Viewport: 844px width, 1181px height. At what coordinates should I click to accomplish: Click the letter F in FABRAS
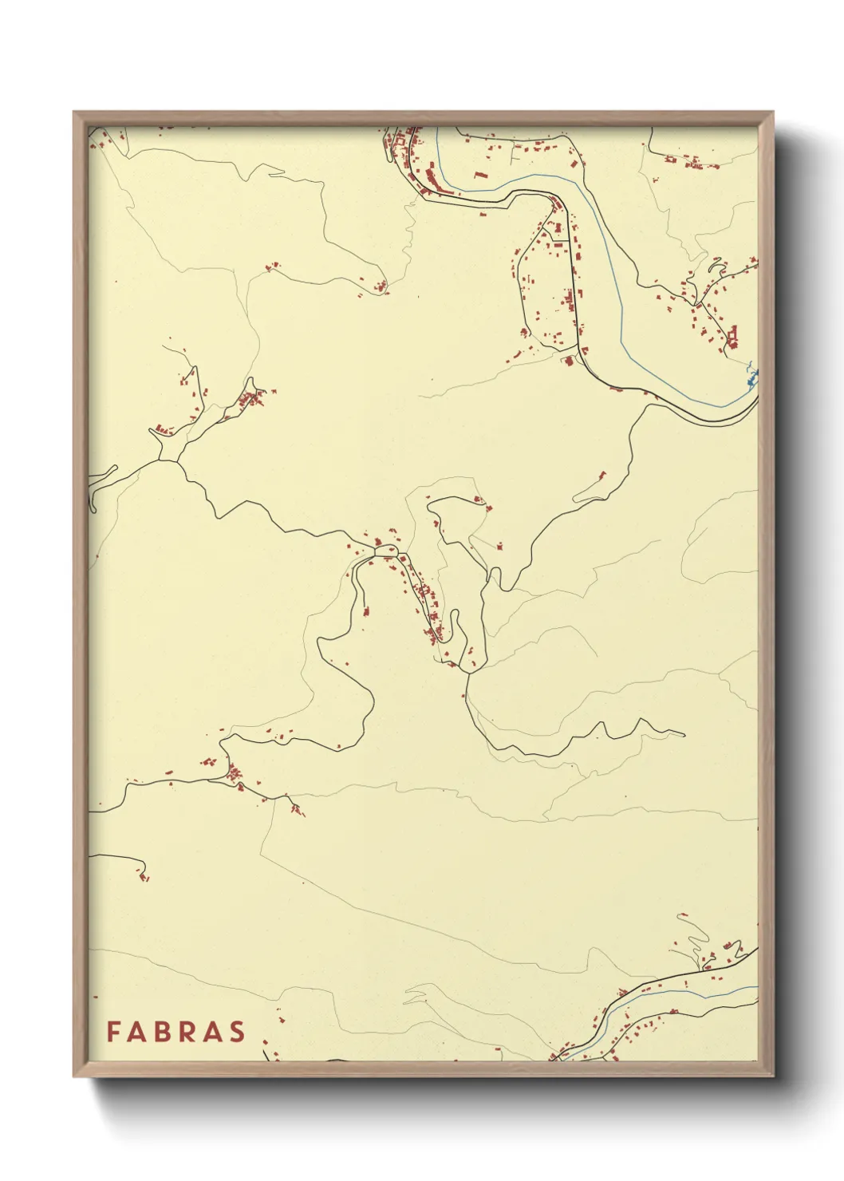click(112, 1032)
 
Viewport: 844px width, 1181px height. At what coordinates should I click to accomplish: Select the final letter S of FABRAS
click(238, 1032)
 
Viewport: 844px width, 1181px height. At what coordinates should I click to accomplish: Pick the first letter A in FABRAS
click(136, 1032)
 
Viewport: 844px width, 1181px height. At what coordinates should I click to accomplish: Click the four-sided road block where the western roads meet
click(169, 452)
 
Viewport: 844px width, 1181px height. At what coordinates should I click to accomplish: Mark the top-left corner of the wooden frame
click(73, 112)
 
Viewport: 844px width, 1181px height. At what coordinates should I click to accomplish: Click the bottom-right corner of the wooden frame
click(773, 1076)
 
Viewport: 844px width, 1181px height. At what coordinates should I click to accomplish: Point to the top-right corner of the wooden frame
click(773, 112)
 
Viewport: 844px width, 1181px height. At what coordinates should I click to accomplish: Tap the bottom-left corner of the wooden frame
click(73, 1076)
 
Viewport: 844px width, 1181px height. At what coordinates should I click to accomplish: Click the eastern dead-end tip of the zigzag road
click(684, 734)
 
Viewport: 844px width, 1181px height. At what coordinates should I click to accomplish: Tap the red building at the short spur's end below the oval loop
click(366, 612)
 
